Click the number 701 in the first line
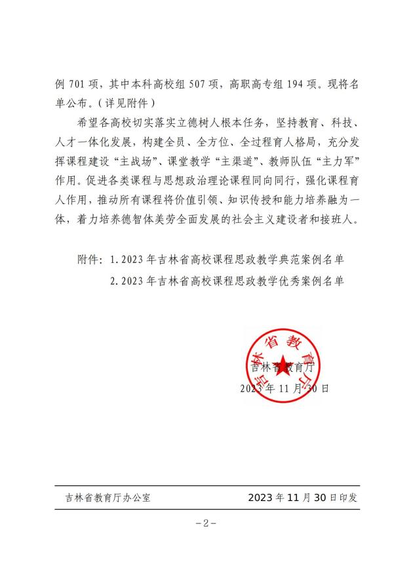point(78,84)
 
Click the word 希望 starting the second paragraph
point(87,122)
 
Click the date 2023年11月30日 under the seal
point(284,388)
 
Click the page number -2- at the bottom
point(206,523)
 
